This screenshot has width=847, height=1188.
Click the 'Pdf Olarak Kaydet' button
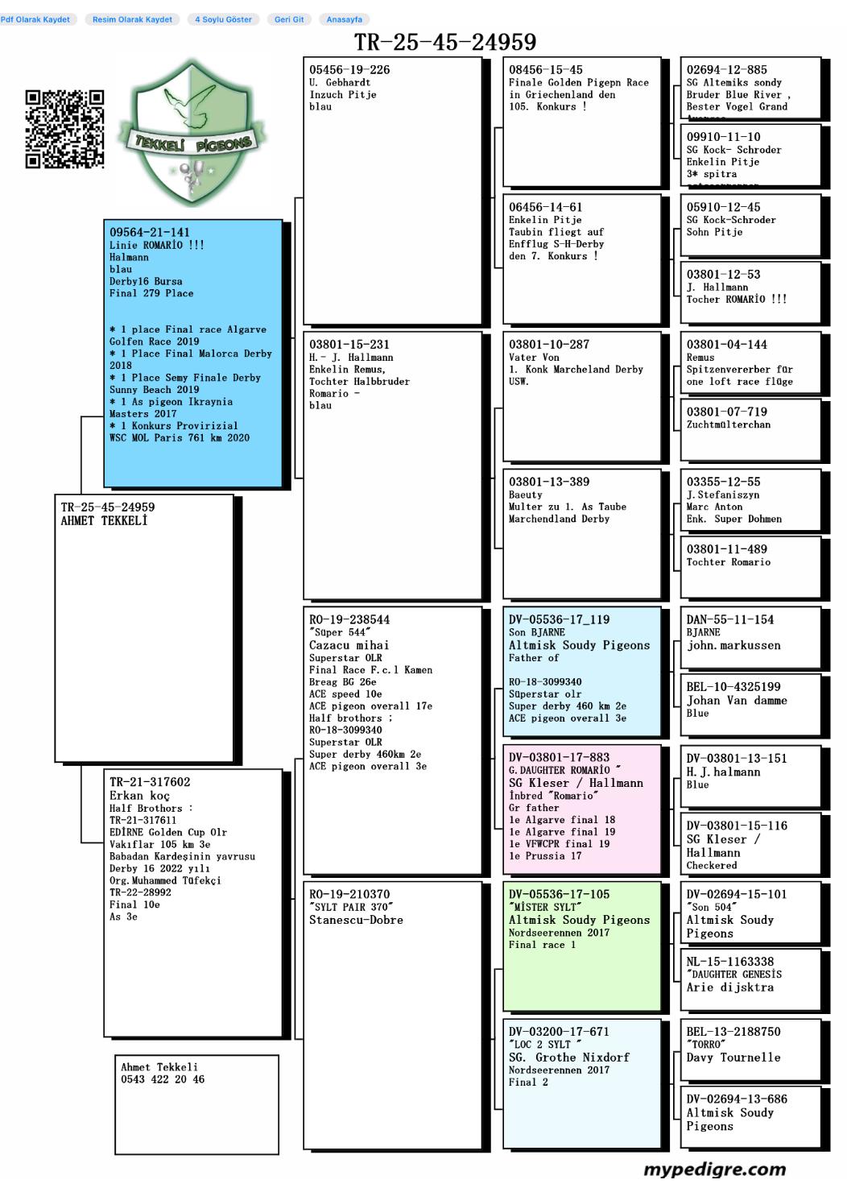(x=35, y=19)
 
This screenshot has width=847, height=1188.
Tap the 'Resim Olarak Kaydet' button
(x=132, y=19)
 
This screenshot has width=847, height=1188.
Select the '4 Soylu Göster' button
(x=223, y=19)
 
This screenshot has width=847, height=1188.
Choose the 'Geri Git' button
(x=289, y=19)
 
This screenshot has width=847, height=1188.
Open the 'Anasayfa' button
(x=344, y=19)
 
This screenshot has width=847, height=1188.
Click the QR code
(x=64, y=129)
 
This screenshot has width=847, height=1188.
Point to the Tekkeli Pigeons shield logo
(x=191, y=133)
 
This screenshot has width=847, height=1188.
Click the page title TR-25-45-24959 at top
(x=445, y=42)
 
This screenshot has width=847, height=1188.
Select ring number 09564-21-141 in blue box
(x=150, y=233)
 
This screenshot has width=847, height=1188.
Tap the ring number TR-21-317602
(x=150, y=782)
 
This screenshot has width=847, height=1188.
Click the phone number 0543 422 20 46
(x=163, y=1079)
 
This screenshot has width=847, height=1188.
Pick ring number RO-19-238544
(x=349, y=620)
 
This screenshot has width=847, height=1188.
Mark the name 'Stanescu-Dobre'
(x=356, y=920)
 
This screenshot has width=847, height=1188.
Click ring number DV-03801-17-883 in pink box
(x=559, y=758)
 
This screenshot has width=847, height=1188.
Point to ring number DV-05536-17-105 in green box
(x=559, y=895)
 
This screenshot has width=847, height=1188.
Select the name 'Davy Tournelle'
(x=733, y=1058)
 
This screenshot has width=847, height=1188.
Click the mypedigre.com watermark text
(x=715, y=1169)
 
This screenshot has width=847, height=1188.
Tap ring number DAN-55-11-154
(x=729, y=620)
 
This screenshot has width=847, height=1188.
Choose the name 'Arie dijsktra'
(x=729, y=987)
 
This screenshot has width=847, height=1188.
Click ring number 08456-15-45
(x=545, y=70)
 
